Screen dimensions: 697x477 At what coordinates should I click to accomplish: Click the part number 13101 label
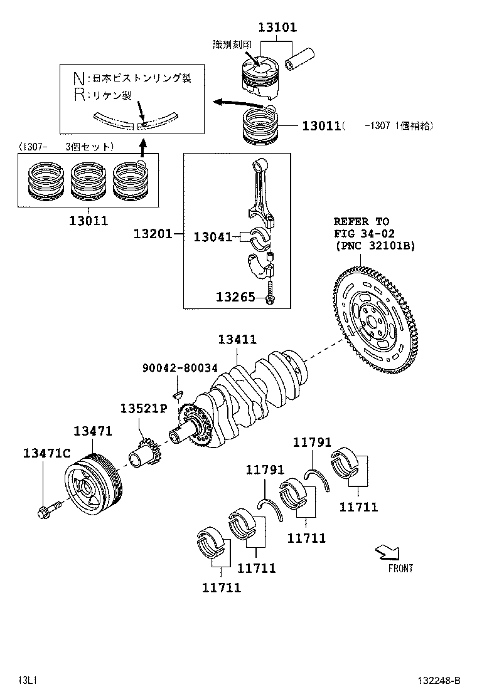tap(277, 28)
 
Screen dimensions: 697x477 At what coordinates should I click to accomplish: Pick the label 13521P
tap(143, 409)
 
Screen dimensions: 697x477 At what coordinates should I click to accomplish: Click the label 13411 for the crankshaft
tap(237, 340)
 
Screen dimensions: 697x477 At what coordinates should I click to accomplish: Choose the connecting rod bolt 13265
tap(269, 294)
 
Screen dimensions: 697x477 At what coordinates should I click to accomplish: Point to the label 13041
tap(212, 237)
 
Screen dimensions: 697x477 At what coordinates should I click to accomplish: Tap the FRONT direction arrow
tap(386, 552)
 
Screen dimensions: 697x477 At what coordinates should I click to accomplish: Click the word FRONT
tap(400, 569)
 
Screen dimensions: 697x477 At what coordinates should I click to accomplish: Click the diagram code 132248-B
tap(440, 680)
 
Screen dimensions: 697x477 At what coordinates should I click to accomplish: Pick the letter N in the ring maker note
tap(78, 78)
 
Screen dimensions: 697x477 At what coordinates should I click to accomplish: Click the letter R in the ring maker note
tap(78, 95)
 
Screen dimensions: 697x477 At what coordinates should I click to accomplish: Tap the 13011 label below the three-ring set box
tap(88, 221)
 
